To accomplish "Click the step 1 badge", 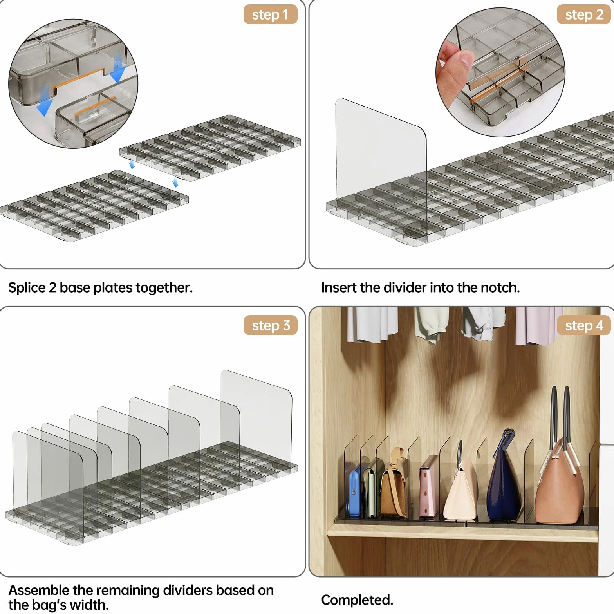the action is click(270, 14).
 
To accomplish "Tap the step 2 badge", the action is click(584, 14).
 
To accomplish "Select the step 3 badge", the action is click(270, 325).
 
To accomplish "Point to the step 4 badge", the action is click(584, 325).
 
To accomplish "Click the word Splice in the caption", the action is click(27, 288).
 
